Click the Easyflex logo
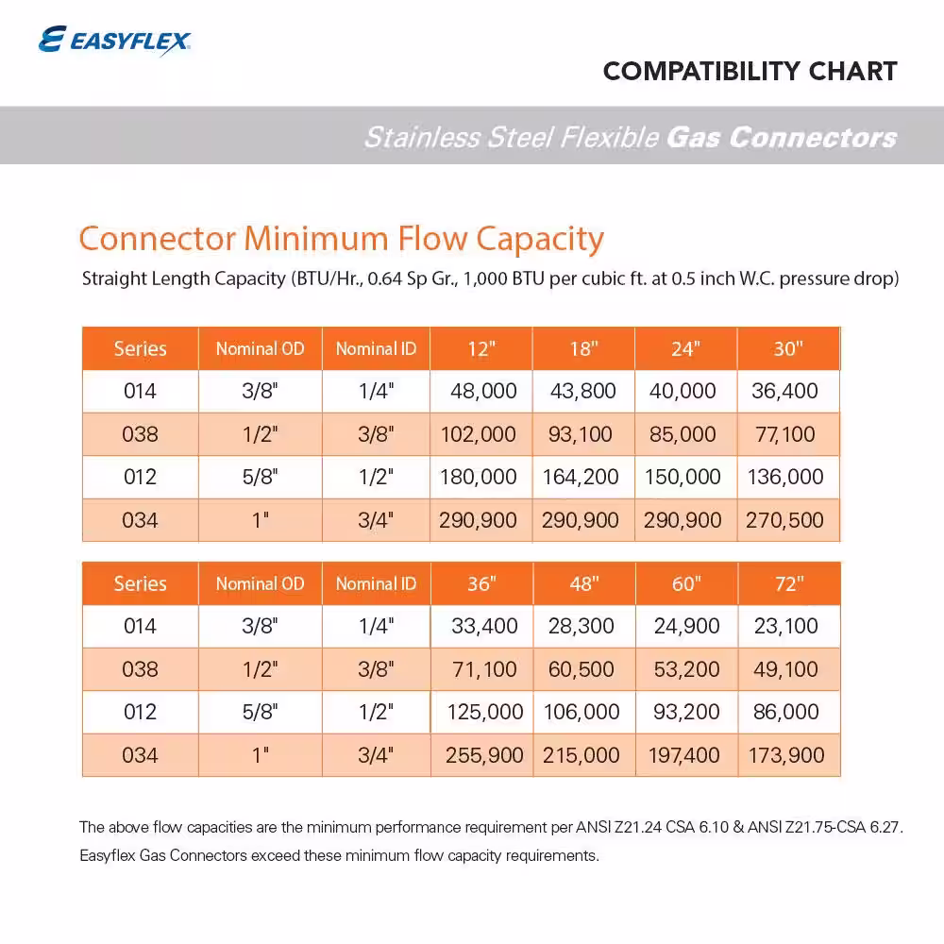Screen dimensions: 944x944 pos(114,41)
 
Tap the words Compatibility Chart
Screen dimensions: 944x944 pos(750,71)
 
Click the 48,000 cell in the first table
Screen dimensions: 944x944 pos(483,391)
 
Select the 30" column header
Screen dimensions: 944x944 pos(788,348)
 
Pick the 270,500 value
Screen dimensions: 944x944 pos(784,519)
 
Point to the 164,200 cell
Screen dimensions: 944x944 pos(581,477)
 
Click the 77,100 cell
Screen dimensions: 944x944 pos(785,434)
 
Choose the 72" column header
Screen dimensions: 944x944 pos(788,583)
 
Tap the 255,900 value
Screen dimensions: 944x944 pos(484,755)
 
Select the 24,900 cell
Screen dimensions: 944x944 pos(686,626)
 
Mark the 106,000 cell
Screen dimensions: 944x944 pos(581,712)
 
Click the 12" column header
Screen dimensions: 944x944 pos(481,348)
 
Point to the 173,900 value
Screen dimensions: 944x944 pos(785,755)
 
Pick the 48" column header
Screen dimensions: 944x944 pos(584,583)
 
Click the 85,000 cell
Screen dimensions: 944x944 pos(683,434)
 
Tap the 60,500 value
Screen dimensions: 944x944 pos(581,669)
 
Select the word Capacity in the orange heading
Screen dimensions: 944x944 pos(540,240)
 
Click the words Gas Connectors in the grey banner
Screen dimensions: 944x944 pos(782,137)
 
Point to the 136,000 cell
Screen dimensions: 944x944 pos(785,477)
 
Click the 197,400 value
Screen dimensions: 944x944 pos(683,755)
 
